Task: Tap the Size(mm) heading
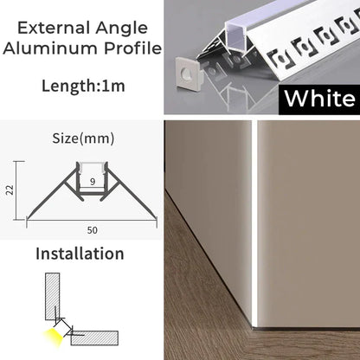point(83,138)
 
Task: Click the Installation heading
point(80,254)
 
